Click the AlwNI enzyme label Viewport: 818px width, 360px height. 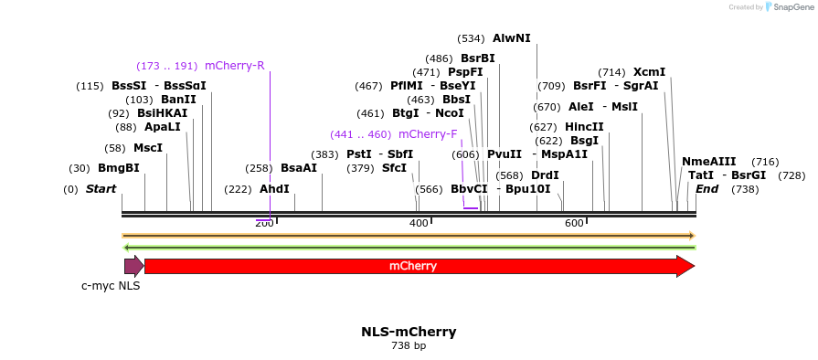click(x=511, y=38)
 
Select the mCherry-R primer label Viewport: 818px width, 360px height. click(x=234, y=66)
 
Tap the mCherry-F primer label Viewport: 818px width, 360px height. click(x=428, y=134)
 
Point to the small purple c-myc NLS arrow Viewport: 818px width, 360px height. click(x=133, y=267)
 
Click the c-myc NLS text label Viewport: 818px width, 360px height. click(x=111, y=286)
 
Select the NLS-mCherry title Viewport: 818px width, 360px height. click(x=409, y=332)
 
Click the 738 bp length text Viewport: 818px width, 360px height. click(x=409, y=346)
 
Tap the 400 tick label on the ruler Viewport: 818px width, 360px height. click(x=419, y=224)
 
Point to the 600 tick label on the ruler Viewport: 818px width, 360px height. click(x=574, y=224)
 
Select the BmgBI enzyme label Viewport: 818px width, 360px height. click(x=119, y=168)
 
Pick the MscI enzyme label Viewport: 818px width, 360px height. click(x=147, y=148)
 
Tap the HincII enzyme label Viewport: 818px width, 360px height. click(x=584, y=127)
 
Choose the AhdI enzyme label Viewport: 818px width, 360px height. click(x=274, y=189)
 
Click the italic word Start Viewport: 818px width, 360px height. click(x=101, y=189)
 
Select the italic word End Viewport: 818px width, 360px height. click(x=706, y=189)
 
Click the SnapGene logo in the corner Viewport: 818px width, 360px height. click(x=785, y=7)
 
